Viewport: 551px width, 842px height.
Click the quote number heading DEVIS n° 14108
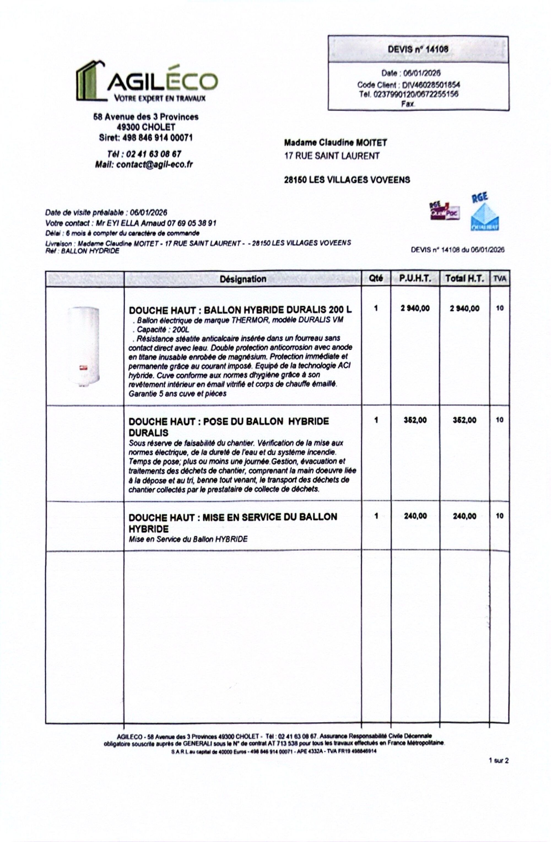pyautogui.click(x=418, y=49)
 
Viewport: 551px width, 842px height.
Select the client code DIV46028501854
pyautogui.click(x=431, y=85)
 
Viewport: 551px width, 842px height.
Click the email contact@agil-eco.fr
pyautogui.click(x=154, y=165)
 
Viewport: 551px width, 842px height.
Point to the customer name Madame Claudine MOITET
pyautogui.click(x=335, y=143)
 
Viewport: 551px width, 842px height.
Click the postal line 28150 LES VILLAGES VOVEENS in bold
pyautogui.click(x=347, y=180)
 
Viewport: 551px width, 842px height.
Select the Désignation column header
pyautogui.click(x=243, y=279)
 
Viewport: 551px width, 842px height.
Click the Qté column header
pyautogui.click(x=376, y=278)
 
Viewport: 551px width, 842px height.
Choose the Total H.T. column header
pyautogui.click(x=464, y=279)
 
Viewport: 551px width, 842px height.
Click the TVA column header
pyautogui.click(x=499, y=279)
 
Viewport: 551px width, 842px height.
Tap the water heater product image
pyautogui.click(x=84, y=347)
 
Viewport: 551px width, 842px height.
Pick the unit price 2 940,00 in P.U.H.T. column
pyautogui.click(x=415, y=308)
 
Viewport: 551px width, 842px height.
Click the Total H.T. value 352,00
pyautogui.click(x=464, y=420)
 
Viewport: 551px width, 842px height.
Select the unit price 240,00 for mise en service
pyautogui.click(x=415, y=516)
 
